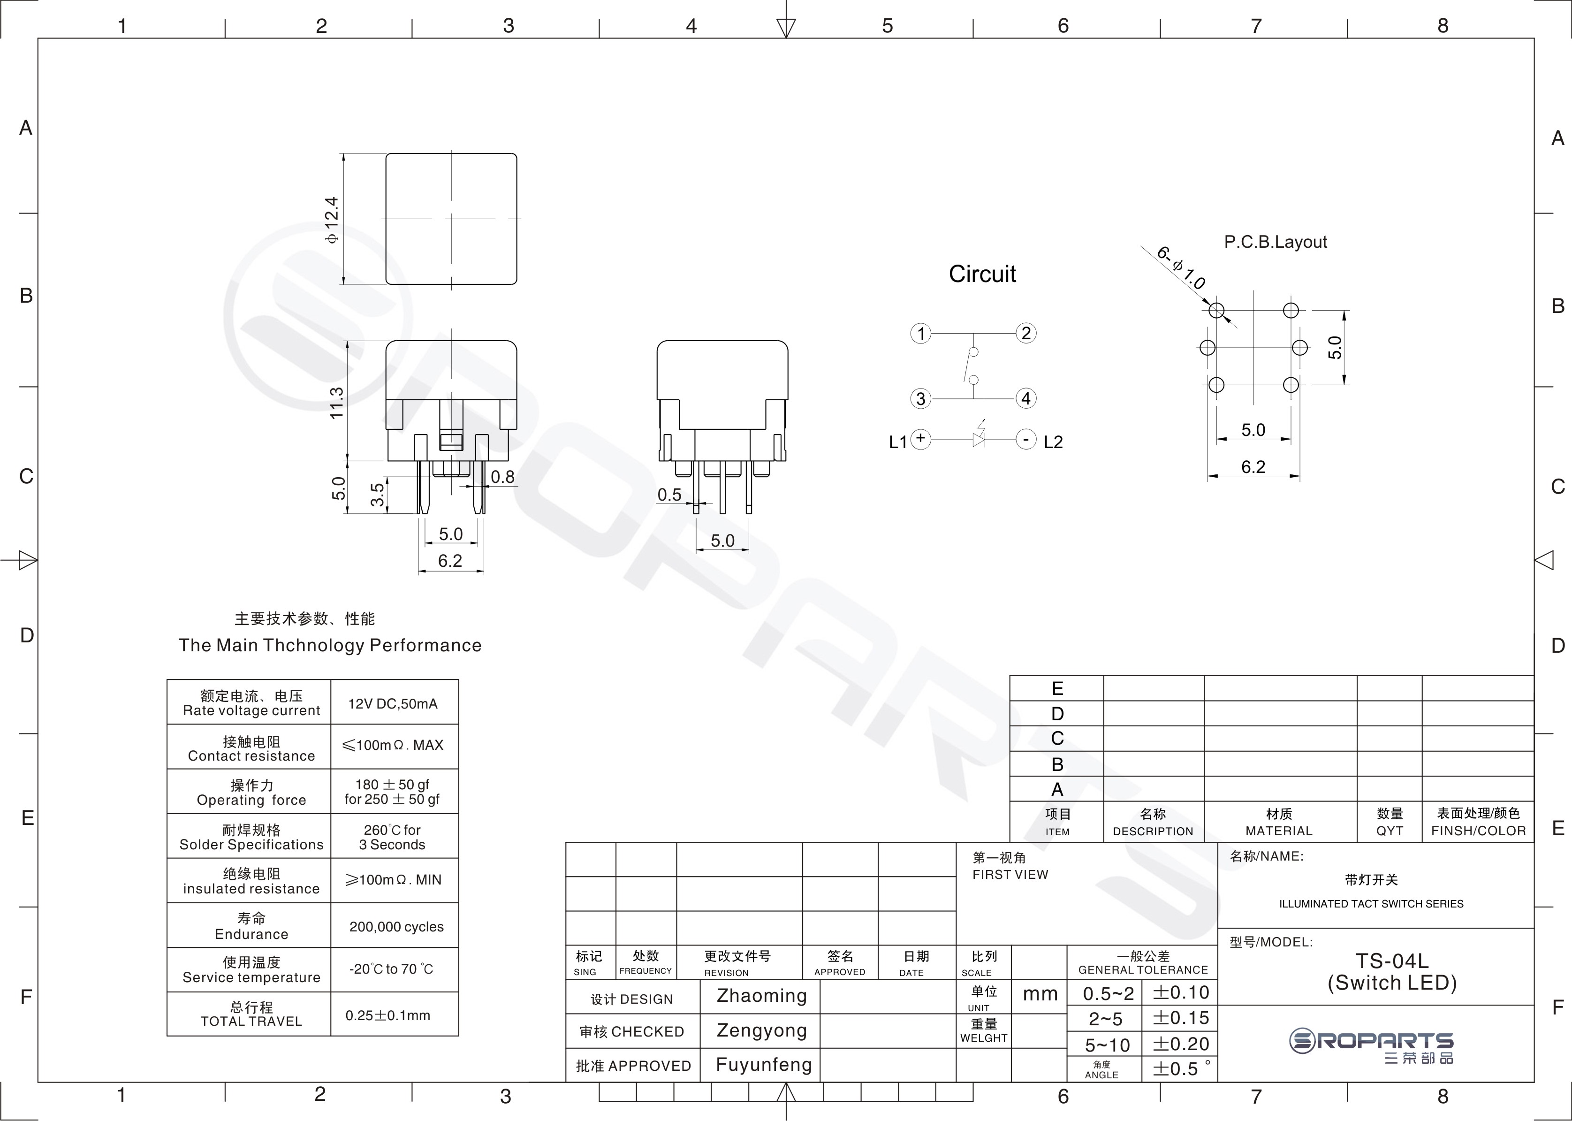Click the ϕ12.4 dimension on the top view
(333, 220)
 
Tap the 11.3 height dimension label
(336, 403)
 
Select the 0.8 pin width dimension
(502, 477)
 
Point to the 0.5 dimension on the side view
(669, 495)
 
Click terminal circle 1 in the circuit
(920, 334)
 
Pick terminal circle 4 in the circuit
(1025, 398)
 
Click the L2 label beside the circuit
(1053, 442)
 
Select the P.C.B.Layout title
(1275, 242)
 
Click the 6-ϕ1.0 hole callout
(1181, 268)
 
